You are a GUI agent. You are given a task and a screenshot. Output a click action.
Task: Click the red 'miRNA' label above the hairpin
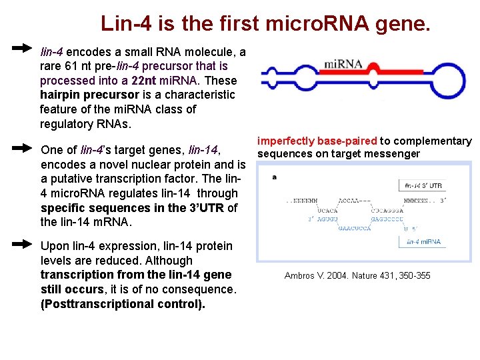click(342, 64)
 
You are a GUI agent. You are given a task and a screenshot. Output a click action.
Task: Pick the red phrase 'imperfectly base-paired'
click(317, 141)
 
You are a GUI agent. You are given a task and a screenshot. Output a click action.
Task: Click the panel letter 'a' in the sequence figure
click(275, 177)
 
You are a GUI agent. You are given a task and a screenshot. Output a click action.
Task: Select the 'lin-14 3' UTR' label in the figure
click(423, 185)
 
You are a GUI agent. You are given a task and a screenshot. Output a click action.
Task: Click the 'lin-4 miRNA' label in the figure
click(423, 241)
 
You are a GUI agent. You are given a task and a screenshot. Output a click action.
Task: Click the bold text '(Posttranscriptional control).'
click(123, 304)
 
